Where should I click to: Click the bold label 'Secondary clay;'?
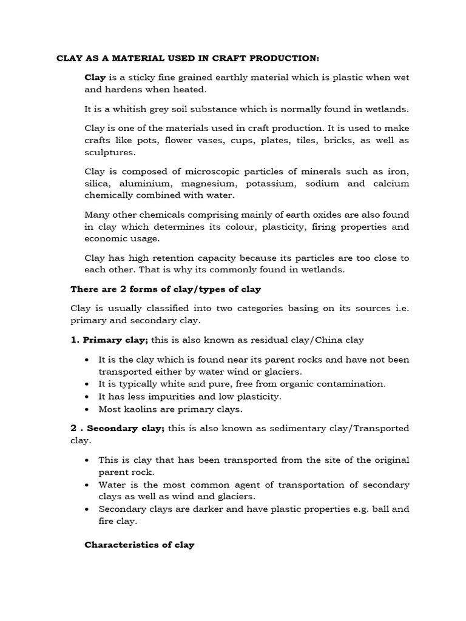(x=126, y=428)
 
